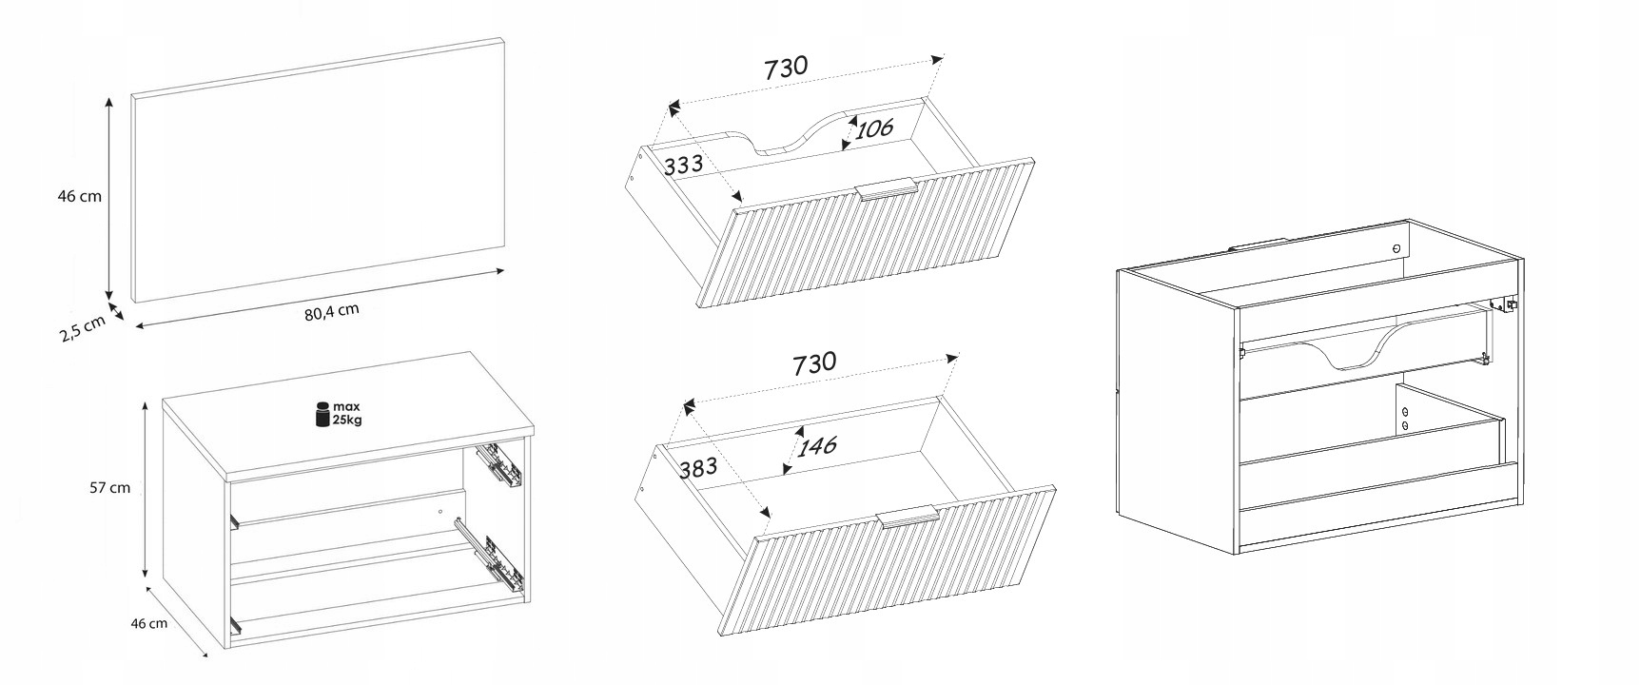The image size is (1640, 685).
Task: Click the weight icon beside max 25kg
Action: point(322,414)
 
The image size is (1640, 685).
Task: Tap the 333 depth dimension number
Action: point(683,165)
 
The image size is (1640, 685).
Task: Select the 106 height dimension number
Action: point(873,128)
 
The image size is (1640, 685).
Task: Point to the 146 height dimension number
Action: point(817,445)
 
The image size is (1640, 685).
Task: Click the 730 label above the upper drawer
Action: point(786,68)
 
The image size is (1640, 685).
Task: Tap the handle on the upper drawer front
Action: point(886,189)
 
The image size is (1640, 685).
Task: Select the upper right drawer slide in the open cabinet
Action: point(501,462)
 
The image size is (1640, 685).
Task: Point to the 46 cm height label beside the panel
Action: point(80,197)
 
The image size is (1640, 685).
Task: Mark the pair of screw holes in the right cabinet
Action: point(1404,419)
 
